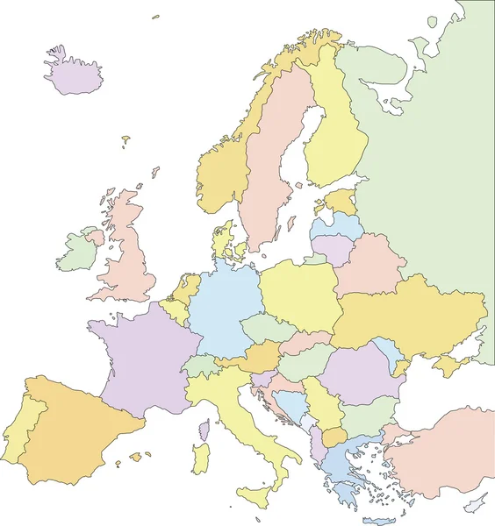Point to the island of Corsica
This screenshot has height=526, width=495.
(204, 430)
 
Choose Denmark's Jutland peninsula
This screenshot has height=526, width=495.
(220, 240)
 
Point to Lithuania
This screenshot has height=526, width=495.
(331, 248)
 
